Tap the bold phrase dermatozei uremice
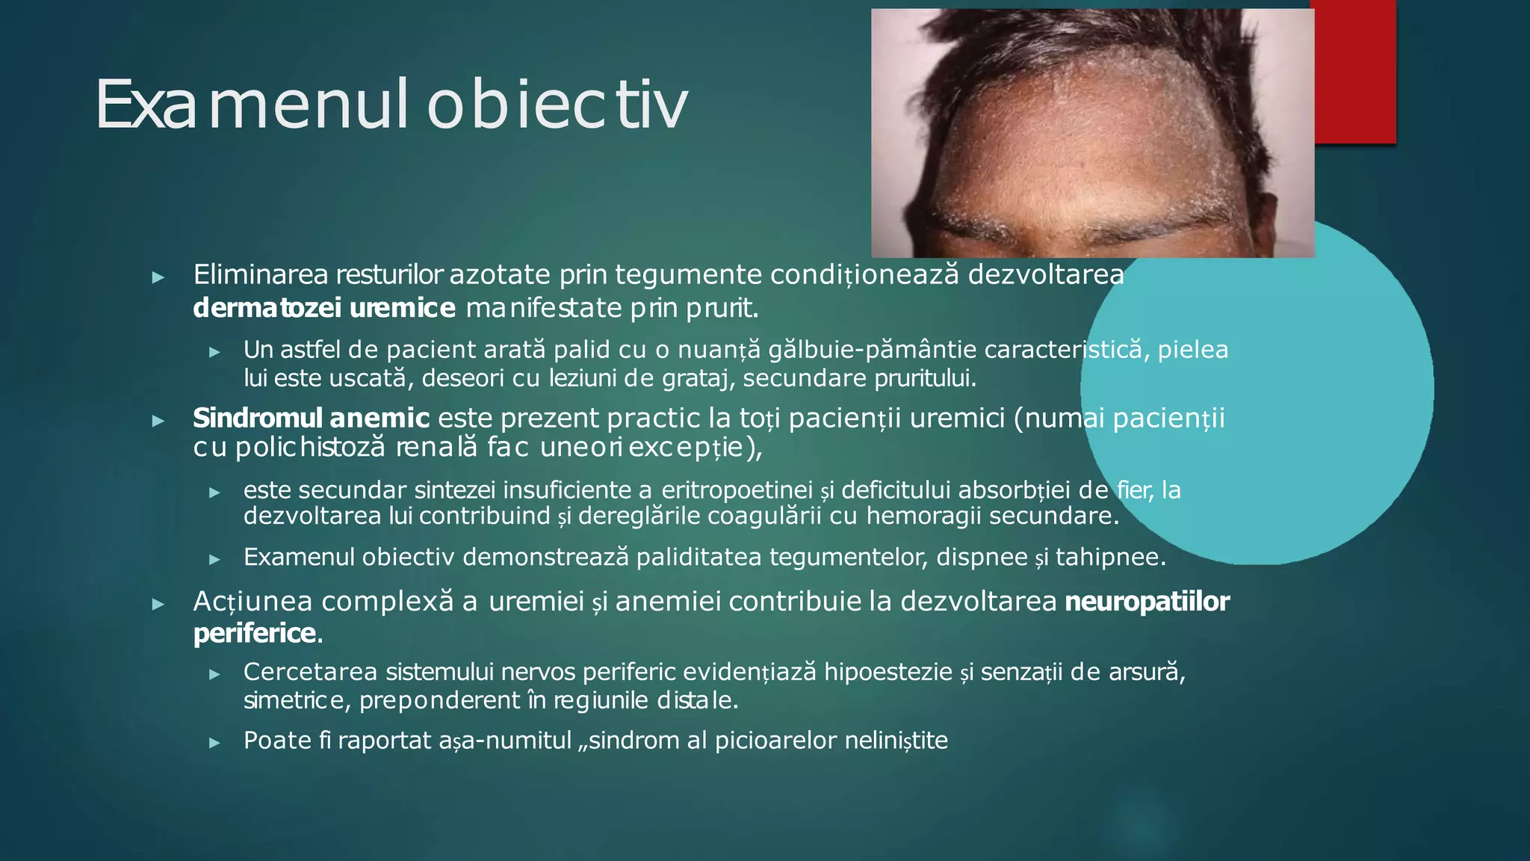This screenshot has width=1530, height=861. [x=323, y=308]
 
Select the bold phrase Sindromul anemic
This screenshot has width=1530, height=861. [x=311, y=418]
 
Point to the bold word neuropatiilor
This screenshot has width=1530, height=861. [x=1147, y=602]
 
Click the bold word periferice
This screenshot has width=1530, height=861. [x=255, y=634]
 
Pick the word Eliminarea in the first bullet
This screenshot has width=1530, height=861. [x=261, y=275]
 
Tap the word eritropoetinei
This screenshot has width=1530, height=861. [x=737, y=490]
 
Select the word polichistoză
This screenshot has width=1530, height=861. [x=310, y=448]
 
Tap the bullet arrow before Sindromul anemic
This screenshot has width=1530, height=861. [x=158, y=421]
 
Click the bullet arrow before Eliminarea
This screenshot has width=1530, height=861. [x=158, y=277]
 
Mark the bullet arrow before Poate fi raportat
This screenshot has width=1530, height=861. [x=214, y=743]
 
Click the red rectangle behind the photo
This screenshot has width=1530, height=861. [x=1354, y=75]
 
